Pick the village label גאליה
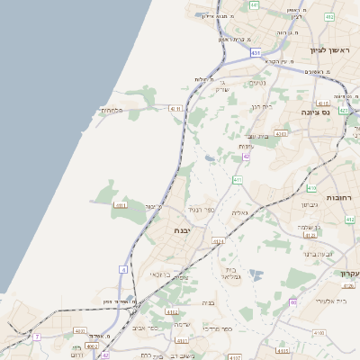(x=239, y=212)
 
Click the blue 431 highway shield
(x=256, y=53)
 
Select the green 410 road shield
(x=311, y=188)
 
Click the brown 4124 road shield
(x=218, y=242)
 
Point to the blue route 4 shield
(x=123, y=269)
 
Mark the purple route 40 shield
(x=293, y=302)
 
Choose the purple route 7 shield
(x=37, y=337)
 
